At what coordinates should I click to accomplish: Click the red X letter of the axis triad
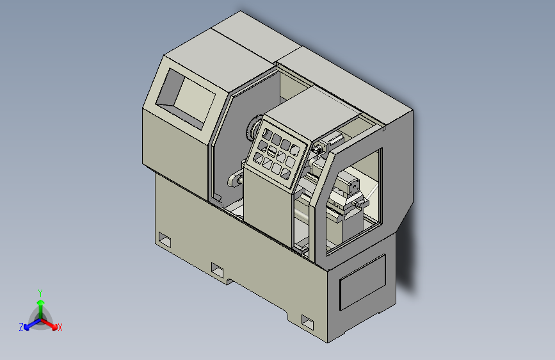(x=60, y=328)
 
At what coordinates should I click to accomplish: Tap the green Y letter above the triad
(x=40, y=291)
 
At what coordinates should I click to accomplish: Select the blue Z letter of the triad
(x=21, y=327)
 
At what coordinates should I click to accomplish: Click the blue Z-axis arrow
(x=29, y=324)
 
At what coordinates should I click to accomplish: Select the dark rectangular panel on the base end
(x=362, y=282)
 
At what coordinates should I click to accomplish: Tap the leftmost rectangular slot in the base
(x=165, y=240)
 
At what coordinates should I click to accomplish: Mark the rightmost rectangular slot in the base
(x=308, y=320)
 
